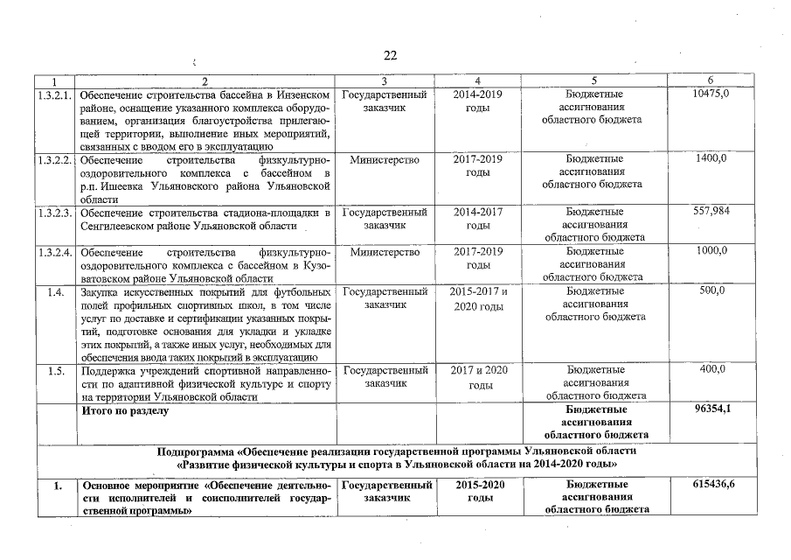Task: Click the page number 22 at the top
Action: (x=390, y=55)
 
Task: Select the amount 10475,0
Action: (x=711, y=94)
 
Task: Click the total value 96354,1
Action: (x=711, y=409)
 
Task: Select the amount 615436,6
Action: (x=711, y=484)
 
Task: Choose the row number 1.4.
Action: (x=57, y=291)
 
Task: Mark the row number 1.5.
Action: (x=57, y=370)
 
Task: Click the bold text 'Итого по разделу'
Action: (x=124, y=409)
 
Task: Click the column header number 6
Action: (x=711, y=80)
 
